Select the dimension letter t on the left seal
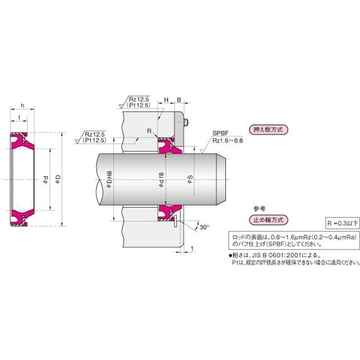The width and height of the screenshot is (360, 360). [19, 118]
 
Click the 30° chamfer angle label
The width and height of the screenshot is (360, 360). [205, 226]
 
